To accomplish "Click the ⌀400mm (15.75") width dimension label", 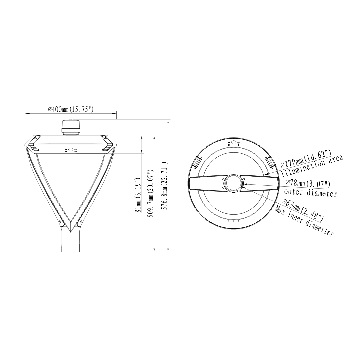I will [x=71, y=109].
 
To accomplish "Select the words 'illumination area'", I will [x=312, y=166].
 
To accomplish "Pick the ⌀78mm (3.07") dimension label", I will [x=308, y=183].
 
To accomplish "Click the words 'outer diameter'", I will [x=310, y=193].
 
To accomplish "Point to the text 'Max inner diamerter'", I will [x=304, y=222].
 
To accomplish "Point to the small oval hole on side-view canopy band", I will [x=71, y=150].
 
